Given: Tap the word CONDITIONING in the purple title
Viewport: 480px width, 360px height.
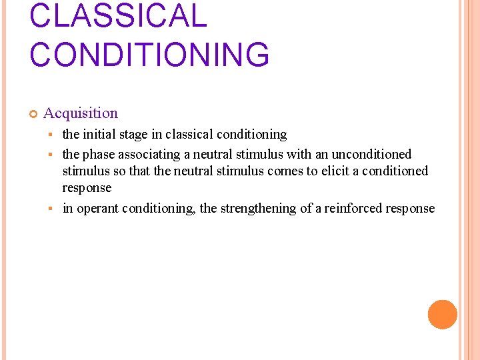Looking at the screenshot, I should pyautogui.click(x=149, y=55).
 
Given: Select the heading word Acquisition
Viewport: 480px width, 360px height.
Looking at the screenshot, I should pyautogui.click(x=81, y=113).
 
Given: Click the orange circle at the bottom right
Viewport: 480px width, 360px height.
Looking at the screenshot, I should pyautogui.click(x=442, y=315).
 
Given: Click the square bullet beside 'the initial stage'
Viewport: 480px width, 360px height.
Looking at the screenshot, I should pyautogui.click(x=51, y=135).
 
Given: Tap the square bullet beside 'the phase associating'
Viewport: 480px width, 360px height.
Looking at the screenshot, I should pyautogui.click(x=51, y=155).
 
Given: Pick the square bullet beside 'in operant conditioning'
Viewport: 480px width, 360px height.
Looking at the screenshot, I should pyautogui.click(x=51, y=209).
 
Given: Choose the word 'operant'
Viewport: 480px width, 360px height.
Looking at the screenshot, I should pyautogui.click(x=98, y=209).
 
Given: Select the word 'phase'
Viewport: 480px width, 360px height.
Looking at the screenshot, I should pyautogui.click(x=99, y=155).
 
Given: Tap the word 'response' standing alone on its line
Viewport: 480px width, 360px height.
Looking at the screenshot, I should pyautogui.click(x=87, y=189).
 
